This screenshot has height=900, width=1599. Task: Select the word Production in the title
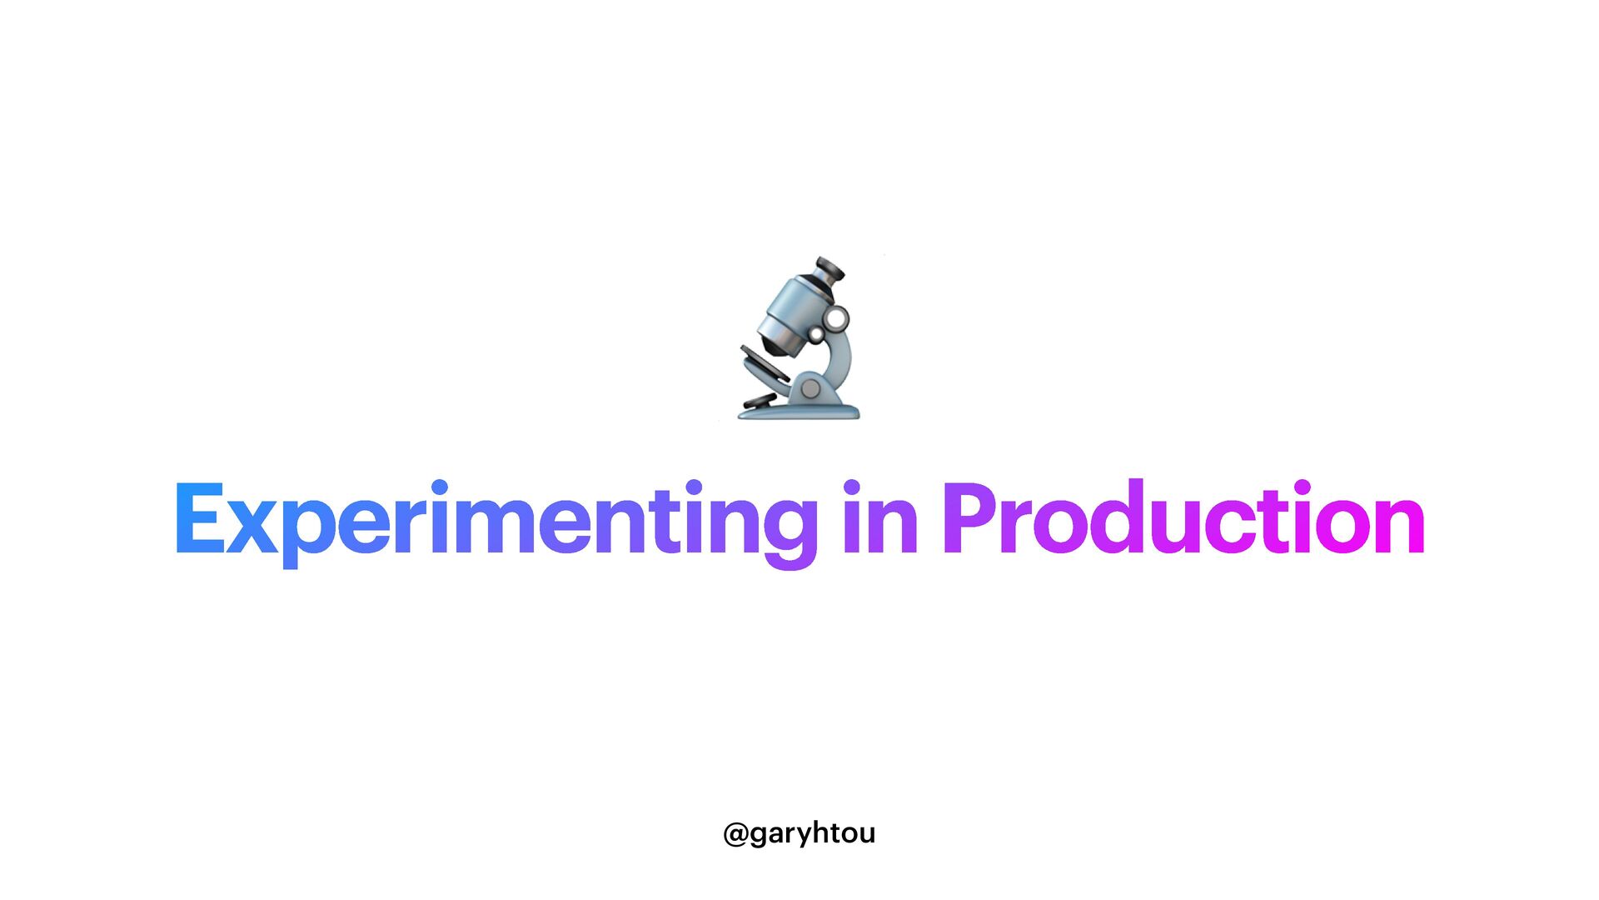click(1183, 518)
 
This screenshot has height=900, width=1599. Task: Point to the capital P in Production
click(971, 518)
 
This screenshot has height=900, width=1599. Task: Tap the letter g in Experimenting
click(790, 529)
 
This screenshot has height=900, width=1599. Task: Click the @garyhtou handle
click(799, 833)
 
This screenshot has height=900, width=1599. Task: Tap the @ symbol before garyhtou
click(735, 834)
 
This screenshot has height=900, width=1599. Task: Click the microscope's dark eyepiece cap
click(829, 268)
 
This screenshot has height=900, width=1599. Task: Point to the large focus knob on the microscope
click(836, 318)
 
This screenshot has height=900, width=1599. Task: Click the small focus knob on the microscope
click(817, 334)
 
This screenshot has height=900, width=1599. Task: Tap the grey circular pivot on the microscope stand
click(809, 388)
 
